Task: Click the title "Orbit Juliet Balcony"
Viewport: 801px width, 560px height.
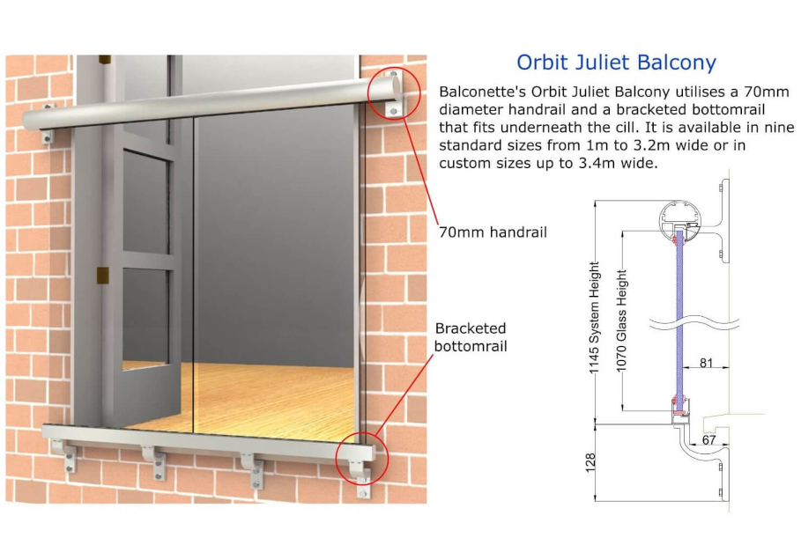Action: coord(616,63)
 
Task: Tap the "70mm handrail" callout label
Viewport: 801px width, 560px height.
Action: coord(493,232)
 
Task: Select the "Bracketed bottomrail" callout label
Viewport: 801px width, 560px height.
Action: coord(471,337)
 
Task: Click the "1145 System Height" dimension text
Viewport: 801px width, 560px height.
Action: coord(594,318)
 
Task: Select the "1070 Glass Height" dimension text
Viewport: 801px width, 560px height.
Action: coord(621,321)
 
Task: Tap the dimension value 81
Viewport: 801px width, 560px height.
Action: coord(706,363)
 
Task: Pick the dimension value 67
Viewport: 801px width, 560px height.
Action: coord(708,440)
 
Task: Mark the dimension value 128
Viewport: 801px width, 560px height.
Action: coord(590,462)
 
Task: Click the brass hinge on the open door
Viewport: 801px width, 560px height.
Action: coord(103,275)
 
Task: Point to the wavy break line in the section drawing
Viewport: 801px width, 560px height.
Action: coord(694,322)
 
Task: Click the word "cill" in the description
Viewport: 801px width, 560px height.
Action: coord(627,127)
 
